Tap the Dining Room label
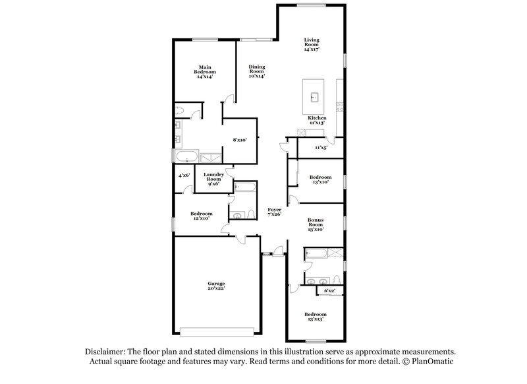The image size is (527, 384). tap(256, 71)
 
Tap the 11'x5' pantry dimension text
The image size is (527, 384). tap(321, 148)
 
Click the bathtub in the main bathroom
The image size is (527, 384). tap(184, 157)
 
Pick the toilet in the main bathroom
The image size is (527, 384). tap(182, 110)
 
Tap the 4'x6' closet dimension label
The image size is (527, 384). tap(184, 176)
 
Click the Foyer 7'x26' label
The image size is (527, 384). tap(274, 211)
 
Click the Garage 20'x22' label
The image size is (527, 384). tap(217, 286)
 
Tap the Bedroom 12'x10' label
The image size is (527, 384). tap(200, 216)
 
